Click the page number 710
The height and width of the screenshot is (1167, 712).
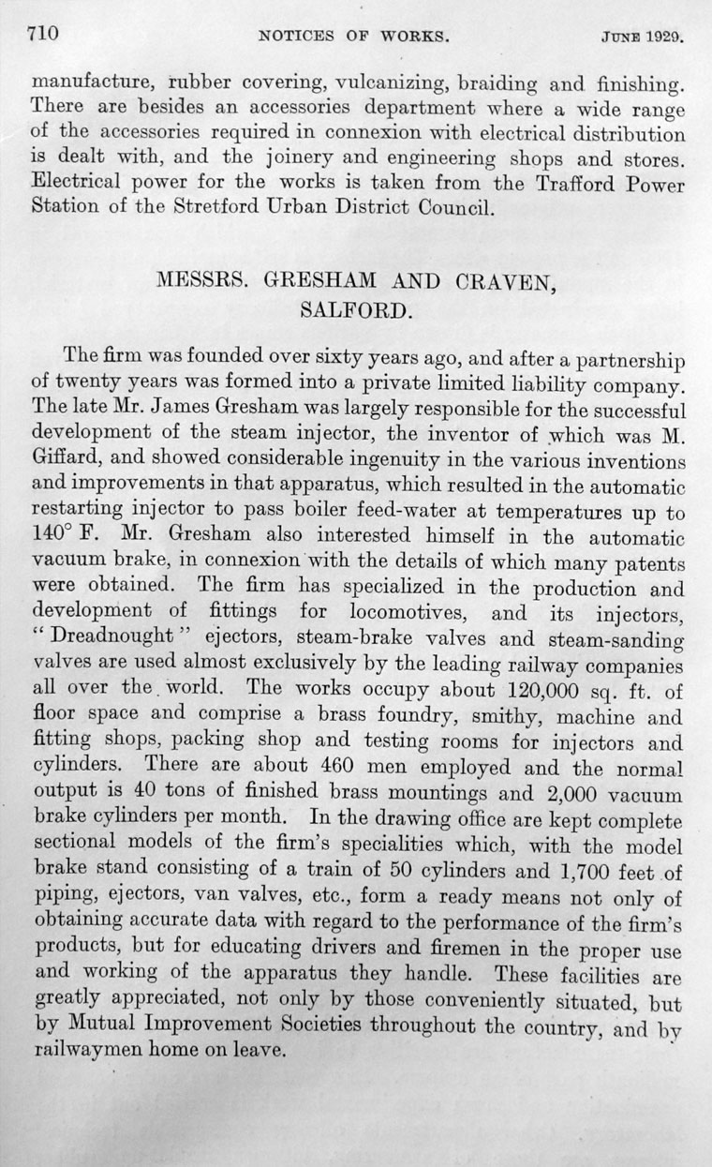click(x=43, y=37)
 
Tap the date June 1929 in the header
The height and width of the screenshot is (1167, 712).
click(x=640, y=40)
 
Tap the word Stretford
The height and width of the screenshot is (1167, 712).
click(x=201, y=207)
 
